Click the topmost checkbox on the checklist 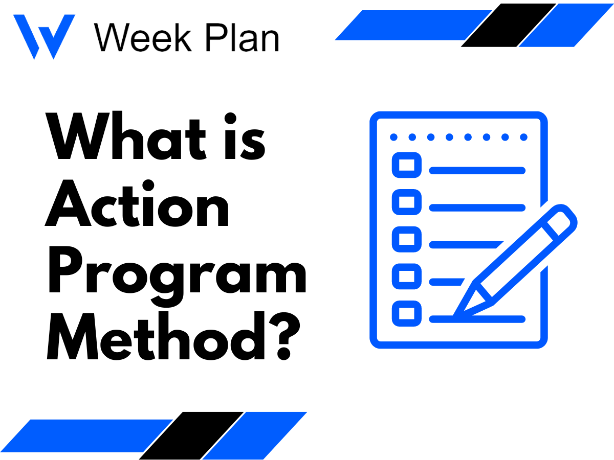407,166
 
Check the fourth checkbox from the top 407,277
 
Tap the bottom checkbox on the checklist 407,313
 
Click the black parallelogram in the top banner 509,25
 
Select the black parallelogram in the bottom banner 191,435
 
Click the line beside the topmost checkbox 477,170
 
